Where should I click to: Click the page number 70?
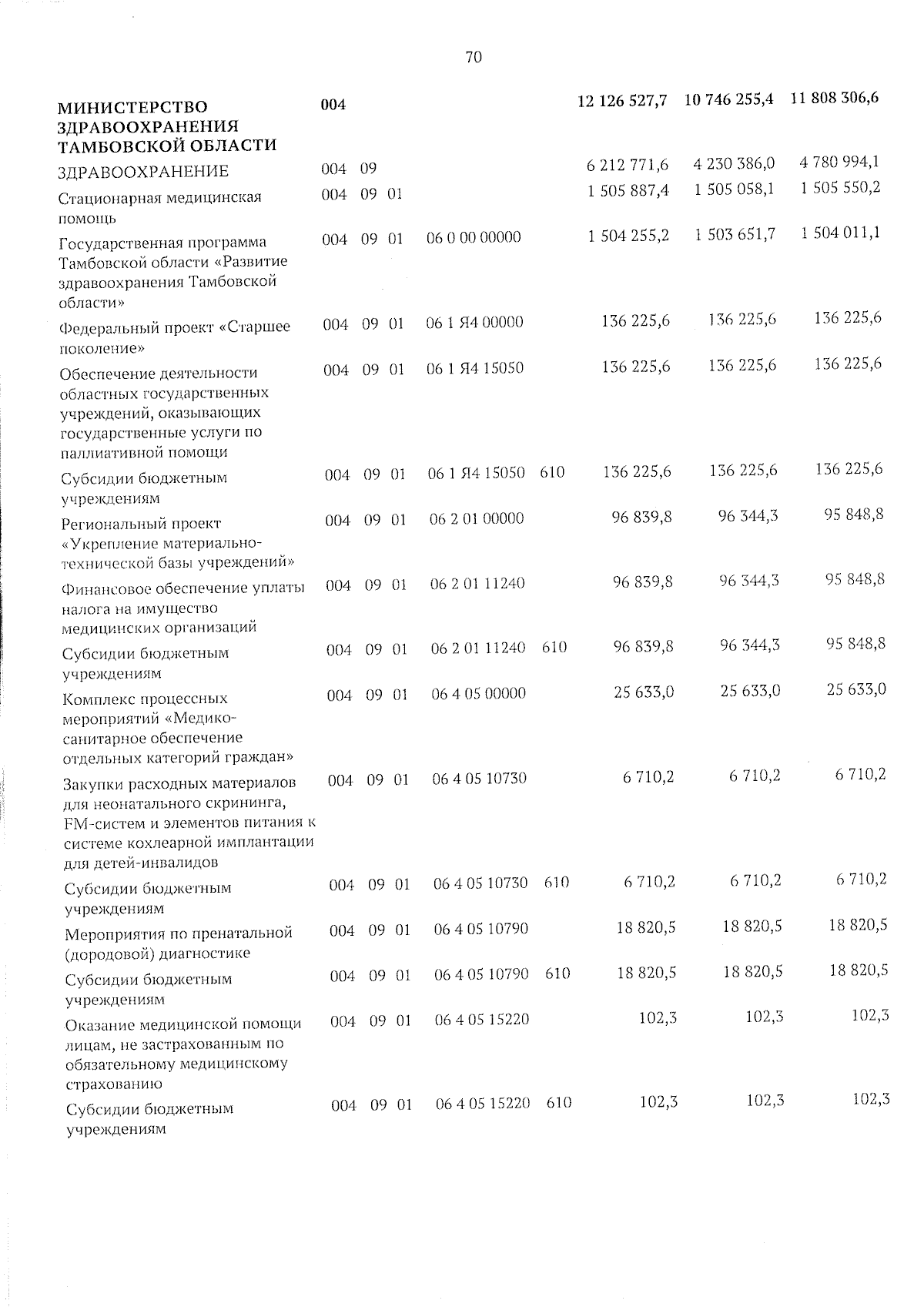[474, 57]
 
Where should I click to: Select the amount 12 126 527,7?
[622, 101]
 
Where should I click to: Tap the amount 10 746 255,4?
[728, 100]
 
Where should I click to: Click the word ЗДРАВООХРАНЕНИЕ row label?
[144, 172]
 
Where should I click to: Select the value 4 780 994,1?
[840, 163]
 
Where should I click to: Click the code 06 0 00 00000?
[474, 237]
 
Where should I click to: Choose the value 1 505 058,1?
[734, 190]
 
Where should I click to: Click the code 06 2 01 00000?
[477, 518]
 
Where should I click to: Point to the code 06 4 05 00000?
[479, 693]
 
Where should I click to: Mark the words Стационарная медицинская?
[160, 197]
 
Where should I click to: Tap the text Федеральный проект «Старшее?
[175, 327]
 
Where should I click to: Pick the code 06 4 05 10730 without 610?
[480, 779]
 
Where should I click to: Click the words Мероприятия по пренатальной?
[179, 933]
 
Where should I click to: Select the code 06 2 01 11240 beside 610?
[478, 648]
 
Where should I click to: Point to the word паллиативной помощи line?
[143, 452]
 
